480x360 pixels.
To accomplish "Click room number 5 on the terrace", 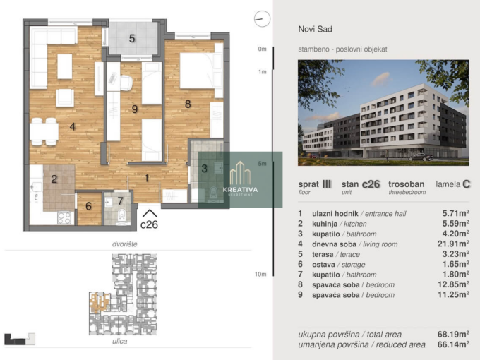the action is (132, 39).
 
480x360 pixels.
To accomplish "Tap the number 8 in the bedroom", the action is (188, 104).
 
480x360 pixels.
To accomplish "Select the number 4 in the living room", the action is (72, 126).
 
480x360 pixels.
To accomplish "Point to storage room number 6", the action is (88, 206).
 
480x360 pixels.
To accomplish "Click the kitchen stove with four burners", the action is (65, 218).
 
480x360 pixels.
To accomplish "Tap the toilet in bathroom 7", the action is (121, 216).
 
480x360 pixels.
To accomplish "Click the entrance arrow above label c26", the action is (150, 213).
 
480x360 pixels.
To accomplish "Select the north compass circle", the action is (263, 18).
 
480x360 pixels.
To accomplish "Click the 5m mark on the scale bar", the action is (263, 164).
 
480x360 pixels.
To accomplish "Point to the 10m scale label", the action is (260, 275).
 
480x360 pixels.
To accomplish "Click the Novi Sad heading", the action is (315, 29).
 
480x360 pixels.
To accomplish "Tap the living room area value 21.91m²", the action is (453, 244).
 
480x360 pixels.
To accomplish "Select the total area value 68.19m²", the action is (453, 334).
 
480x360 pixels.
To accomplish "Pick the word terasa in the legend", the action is (323, 254).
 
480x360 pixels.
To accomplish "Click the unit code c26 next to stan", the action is (371, 184).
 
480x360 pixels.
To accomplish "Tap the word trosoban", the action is (406, 184).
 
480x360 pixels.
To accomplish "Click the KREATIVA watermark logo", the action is (240, 180).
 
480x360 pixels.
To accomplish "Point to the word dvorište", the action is (125, 244).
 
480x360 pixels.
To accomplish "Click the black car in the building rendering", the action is (421, 157).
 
